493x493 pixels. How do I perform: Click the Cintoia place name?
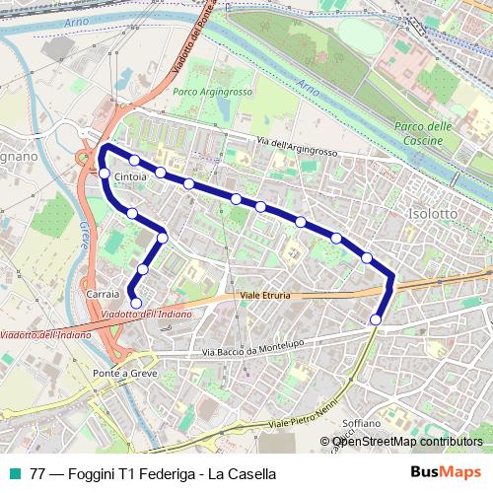click(131, 177)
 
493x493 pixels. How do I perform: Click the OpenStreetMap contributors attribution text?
click(407, 442)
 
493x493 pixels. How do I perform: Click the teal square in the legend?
click(14, 474)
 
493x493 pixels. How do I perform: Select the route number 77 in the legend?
click(37, 474)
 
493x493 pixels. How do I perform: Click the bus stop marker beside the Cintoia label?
click(105, 175)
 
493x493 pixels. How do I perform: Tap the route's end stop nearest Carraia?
click(136, 303)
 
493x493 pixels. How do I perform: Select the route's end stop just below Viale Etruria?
click(377, 318)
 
